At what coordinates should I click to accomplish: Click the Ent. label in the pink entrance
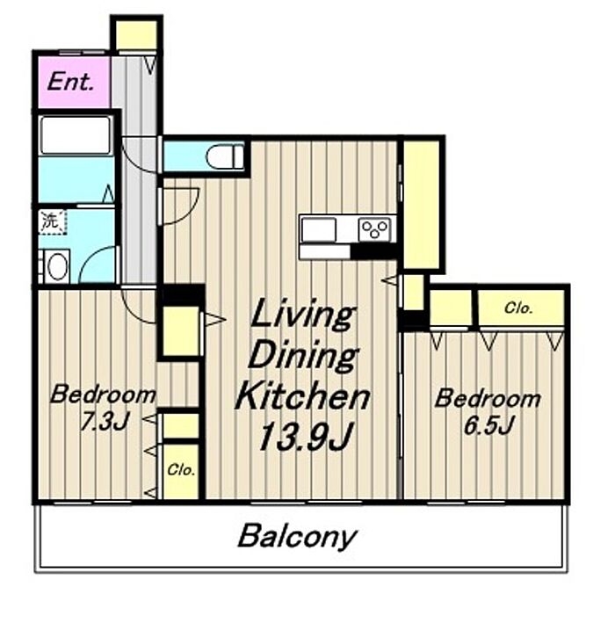70,83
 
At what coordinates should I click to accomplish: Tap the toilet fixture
225,156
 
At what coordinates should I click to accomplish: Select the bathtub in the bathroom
76,135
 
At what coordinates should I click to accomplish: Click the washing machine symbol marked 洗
53,221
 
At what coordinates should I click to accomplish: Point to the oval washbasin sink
57,266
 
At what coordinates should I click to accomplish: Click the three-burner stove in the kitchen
374,229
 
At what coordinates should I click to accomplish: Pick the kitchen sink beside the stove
318,228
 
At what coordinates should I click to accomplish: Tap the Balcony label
297,536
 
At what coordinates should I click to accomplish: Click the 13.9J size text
306,436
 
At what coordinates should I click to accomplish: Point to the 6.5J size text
488,425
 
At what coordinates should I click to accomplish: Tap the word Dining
304,357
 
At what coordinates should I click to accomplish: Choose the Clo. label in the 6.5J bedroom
518,308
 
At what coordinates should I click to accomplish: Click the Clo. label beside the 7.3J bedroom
181,470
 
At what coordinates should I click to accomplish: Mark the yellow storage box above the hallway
136,35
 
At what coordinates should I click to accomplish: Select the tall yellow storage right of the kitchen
421,204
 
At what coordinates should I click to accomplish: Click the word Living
302,314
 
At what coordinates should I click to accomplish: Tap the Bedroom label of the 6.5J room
488,399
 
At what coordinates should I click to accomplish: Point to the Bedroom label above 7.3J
103,395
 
